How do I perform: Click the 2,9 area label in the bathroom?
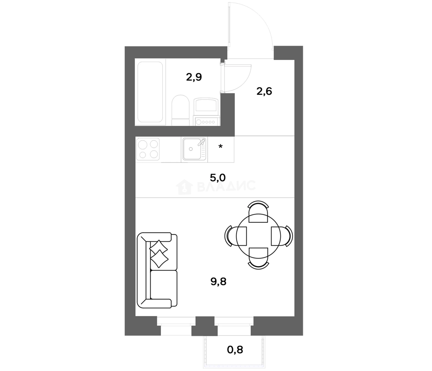point(194,77)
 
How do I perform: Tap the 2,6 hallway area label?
point(264,91)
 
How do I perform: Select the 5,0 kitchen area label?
point(218,178)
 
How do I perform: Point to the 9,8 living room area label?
point(218,282)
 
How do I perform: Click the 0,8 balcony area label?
point(235,350)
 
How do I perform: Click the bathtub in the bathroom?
point(150,92)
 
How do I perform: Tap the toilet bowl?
point(181,110)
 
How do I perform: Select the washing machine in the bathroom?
point(206,112)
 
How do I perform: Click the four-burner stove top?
point(148,149)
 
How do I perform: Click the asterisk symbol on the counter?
point(220,147)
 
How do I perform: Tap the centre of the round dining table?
point(258,236)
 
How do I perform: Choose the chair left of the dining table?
point(236,236)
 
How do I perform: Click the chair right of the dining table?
point(282,236)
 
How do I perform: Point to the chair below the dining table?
point(258,258)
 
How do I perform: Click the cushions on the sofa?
point(159,254)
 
